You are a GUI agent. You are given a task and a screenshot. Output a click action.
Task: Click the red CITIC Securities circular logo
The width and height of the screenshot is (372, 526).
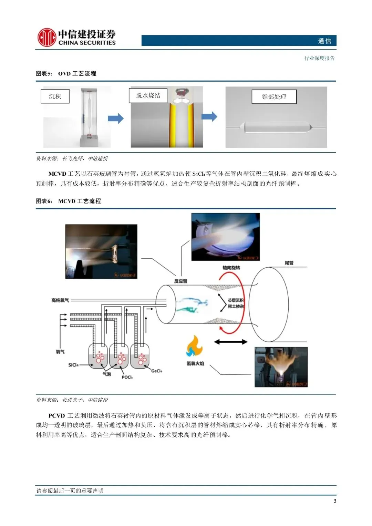[x=46, y=37]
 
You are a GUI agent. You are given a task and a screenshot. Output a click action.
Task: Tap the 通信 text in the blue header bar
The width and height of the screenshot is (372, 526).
[x=324, y=41]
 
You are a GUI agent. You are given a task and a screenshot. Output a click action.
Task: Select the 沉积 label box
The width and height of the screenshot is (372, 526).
[x=55, y=96]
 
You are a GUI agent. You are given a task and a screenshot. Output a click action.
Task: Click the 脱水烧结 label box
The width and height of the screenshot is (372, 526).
[x=148, y=95]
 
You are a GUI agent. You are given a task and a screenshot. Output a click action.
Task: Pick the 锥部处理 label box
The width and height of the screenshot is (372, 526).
[x=274, y=97]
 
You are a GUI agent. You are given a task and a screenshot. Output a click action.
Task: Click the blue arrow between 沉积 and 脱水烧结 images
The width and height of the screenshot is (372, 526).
[x=116, y=118]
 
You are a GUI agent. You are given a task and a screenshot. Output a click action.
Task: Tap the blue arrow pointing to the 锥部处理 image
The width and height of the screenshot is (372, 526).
[x=209, y=116]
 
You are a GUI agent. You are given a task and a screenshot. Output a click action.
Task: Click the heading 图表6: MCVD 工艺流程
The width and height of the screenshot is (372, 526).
[x=69, y=201]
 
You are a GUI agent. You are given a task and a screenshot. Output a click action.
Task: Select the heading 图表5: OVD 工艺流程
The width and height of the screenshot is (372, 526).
[x=66, y=74]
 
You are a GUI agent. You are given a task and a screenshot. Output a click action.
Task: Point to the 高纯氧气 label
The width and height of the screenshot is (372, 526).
[x=60, y=300]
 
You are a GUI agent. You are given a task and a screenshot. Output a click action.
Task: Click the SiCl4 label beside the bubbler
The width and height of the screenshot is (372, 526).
[x=73, y=365]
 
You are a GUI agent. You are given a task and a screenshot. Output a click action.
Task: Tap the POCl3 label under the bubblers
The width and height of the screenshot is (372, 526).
[x=127, y=377]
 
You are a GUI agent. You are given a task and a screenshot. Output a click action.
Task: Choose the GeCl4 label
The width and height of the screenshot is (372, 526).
[x=156, y=371]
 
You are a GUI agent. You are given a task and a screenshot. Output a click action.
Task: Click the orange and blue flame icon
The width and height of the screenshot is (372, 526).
[x=195, y=347]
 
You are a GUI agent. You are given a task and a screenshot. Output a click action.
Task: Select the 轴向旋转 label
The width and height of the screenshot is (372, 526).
[x=231, y=268]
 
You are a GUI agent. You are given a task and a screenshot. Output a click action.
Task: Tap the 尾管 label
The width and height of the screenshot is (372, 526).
[x=289, y=263]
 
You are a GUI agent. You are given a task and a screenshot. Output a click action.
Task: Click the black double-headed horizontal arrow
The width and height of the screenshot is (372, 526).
[x=231, y=342]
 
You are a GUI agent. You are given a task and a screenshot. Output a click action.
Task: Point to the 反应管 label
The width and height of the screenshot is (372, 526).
[x=180, y=281]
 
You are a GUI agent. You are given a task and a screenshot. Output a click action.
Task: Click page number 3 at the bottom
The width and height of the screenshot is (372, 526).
[x=335, y=501]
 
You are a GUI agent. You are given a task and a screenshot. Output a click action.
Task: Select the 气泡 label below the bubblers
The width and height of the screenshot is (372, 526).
[x=107, y=374]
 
